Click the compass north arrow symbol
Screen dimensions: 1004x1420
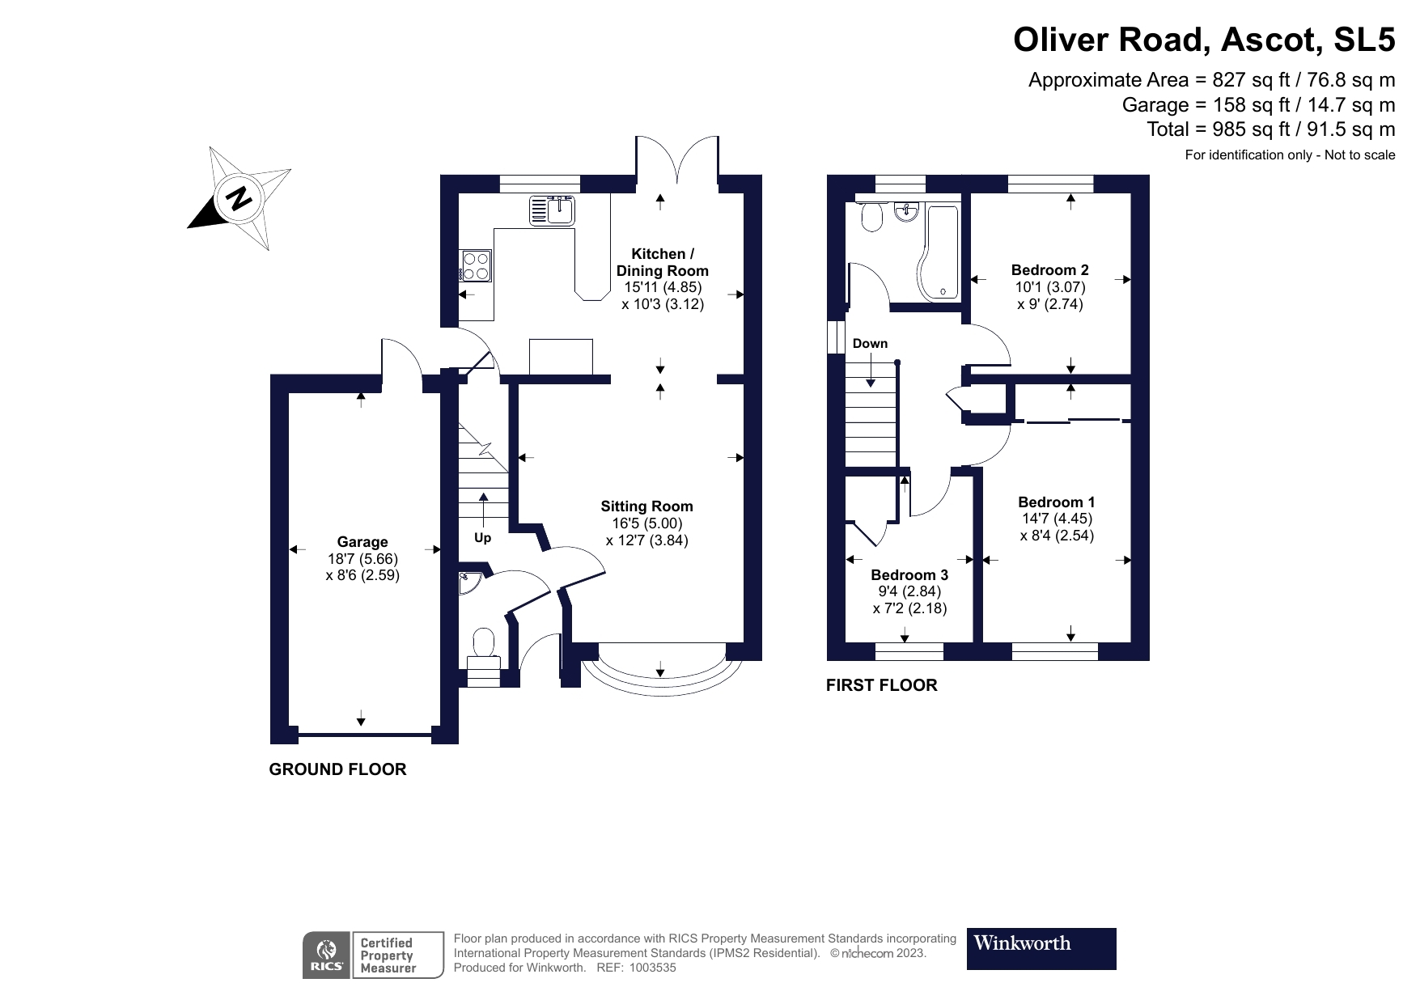coord(239,198)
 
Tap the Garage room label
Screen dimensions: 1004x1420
coord(362,542)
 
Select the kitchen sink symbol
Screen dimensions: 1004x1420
coord(552,210)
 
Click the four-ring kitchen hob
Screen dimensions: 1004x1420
coord(476,265)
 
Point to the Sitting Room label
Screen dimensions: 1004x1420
coord(646,506)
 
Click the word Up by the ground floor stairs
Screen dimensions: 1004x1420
coord(482,538)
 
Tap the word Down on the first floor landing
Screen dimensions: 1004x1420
coord(870,344)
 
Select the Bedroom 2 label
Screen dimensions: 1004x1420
coord(1049,270)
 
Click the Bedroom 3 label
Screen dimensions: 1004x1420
coord(909,575)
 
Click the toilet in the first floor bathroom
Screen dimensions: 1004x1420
coord(871,217)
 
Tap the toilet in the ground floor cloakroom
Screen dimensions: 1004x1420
coord(484,643)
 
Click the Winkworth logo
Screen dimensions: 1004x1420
coord(1041,948)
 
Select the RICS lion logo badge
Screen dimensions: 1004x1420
coord(327,955)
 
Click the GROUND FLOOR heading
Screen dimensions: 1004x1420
coord(337,769)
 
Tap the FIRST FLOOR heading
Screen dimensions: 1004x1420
coord(881,685)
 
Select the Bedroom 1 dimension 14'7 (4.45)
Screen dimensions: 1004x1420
coord(1057,519)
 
